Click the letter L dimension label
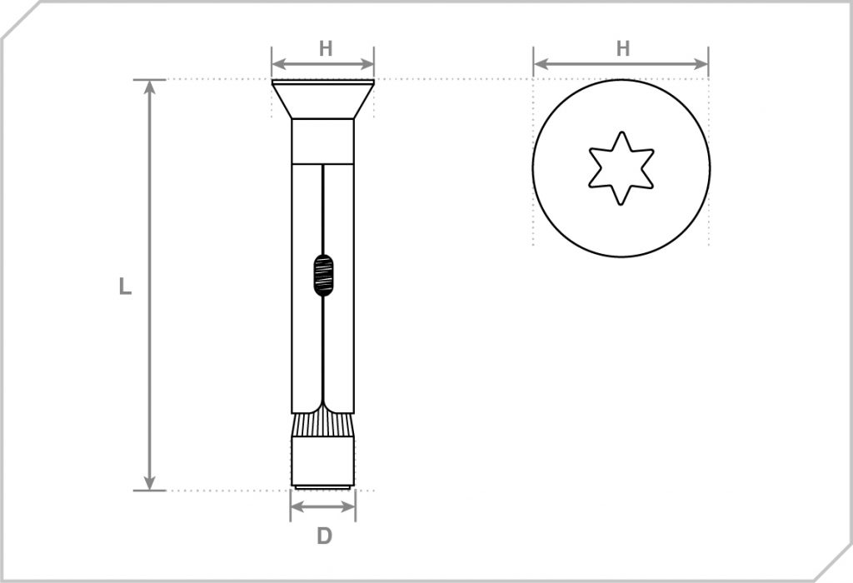[125, 287]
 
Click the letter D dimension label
[324, 536]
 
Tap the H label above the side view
[326, 48]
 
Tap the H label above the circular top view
[622, 48]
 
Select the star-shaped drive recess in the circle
[621, 167]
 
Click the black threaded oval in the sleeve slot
[323, 276]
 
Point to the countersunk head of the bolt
[323, 98]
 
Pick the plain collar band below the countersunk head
[323, 141]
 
